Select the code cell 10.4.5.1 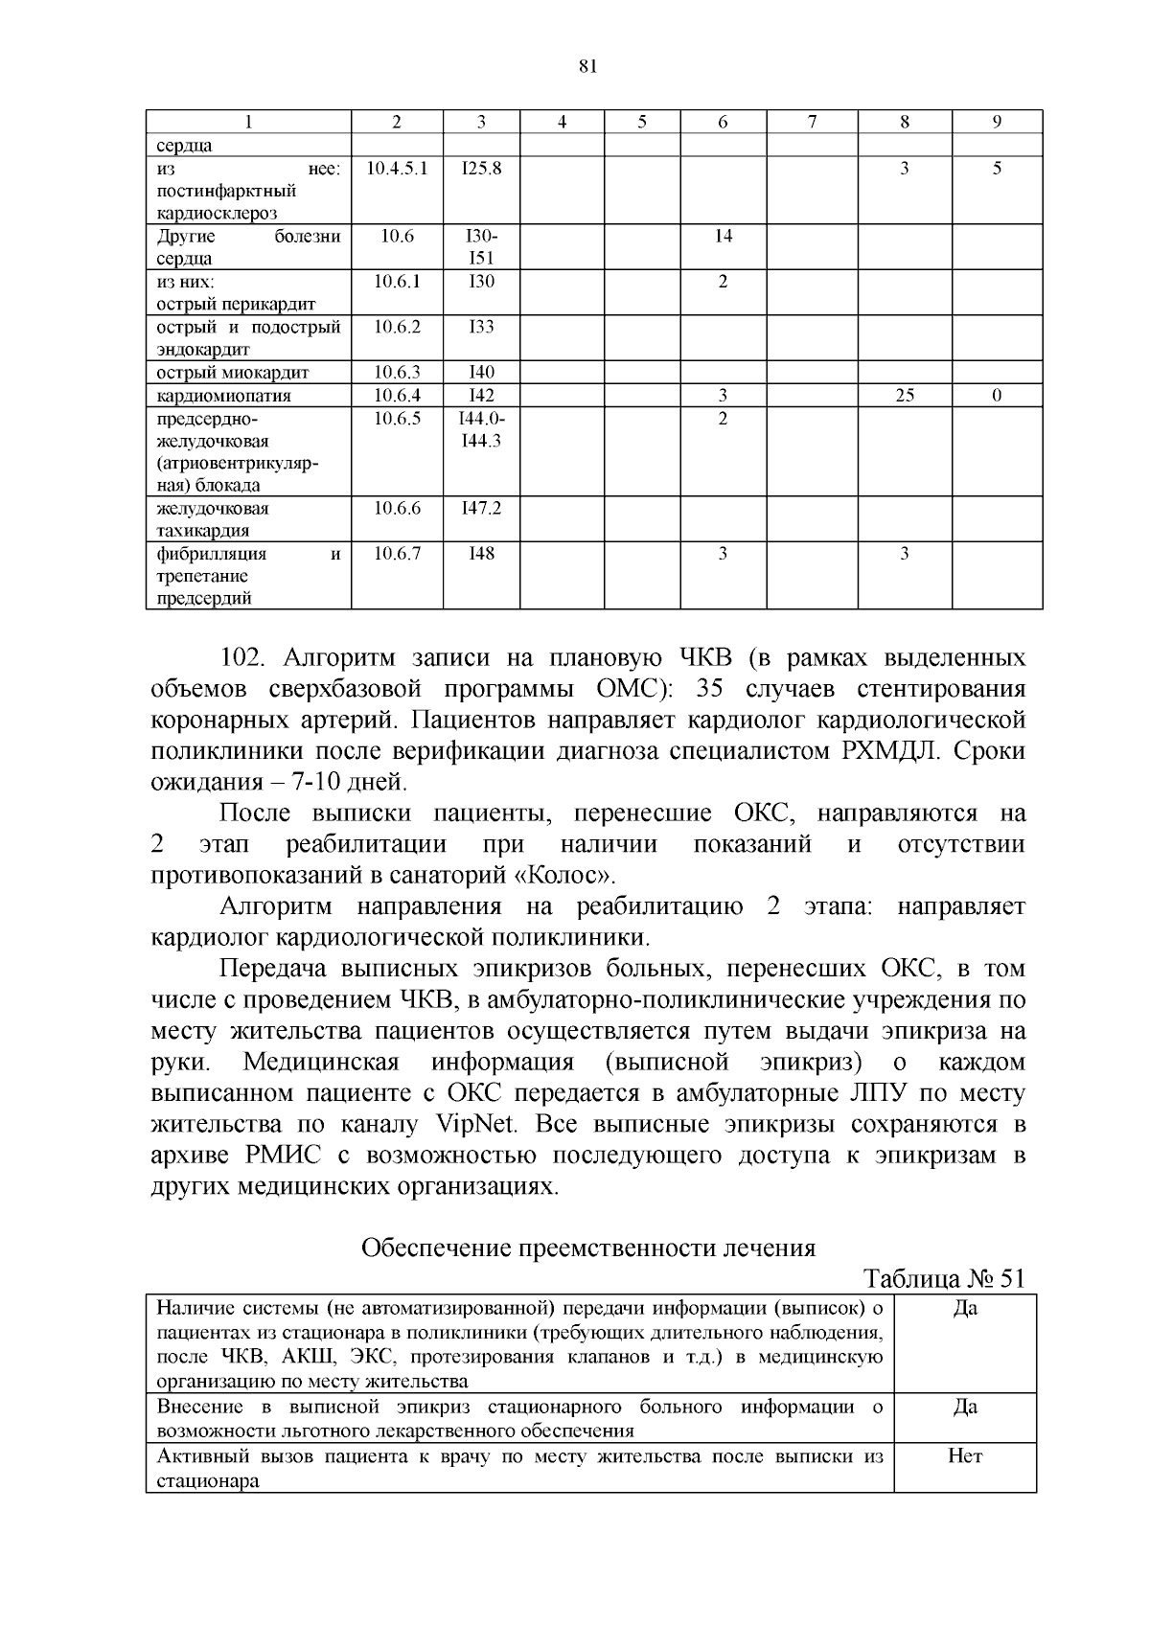tap(397, 169)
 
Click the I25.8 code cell tap(481, 169)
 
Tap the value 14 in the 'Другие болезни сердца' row tap(723, 237)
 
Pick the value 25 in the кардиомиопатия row tap(904, 396)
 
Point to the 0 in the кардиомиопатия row tap(997, 396)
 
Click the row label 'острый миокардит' tap(233, 373)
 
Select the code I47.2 tap(481, 509)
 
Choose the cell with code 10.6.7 tap(397, 554)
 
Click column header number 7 tap(812, 122)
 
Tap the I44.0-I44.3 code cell tap(481, 430)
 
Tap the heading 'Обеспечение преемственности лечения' tap(587, 1248)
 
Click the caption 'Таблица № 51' tap(944, 1279)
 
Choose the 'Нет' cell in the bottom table tap(965, 1457)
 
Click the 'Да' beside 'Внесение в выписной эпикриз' tap(965, 1408)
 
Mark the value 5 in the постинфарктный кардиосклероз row tap(997, 169)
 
